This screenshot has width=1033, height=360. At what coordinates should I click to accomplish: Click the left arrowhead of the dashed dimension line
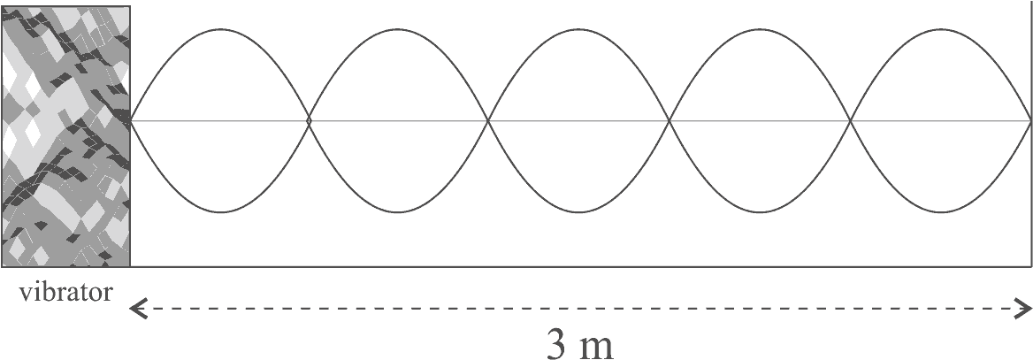pos(136,310)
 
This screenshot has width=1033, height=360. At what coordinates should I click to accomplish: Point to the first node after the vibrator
pos(309,120)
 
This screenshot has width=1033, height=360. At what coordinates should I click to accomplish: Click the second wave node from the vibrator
pos(489,120)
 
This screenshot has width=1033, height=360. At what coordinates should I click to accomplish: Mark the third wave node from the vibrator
pos(670,120)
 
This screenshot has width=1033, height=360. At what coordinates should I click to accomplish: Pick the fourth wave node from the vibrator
pos(851,120)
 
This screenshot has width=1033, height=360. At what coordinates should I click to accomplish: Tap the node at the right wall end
pos(1030,120)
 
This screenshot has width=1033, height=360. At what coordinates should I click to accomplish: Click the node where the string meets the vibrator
pos(132,120)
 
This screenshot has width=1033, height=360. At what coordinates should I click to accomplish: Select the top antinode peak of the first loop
pos(220,29)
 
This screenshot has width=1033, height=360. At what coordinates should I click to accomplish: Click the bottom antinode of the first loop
pos(220,212)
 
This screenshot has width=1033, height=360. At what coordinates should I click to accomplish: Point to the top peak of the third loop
pos(579,29)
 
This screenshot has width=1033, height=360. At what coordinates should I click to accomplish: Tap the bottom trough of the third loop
pos(579,212)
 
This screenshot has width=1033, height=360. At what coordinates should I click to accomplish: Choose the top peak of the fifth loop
pos(941,29)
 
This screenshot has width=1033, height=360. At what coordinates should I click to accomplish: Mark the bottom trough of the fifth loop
pos(941,212)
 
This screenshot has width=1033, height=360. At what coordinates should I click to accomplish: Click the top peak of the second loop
pos(399,29)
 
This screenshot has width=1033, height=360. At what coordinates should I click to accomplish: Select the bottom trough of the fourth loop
pos(761,212)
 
